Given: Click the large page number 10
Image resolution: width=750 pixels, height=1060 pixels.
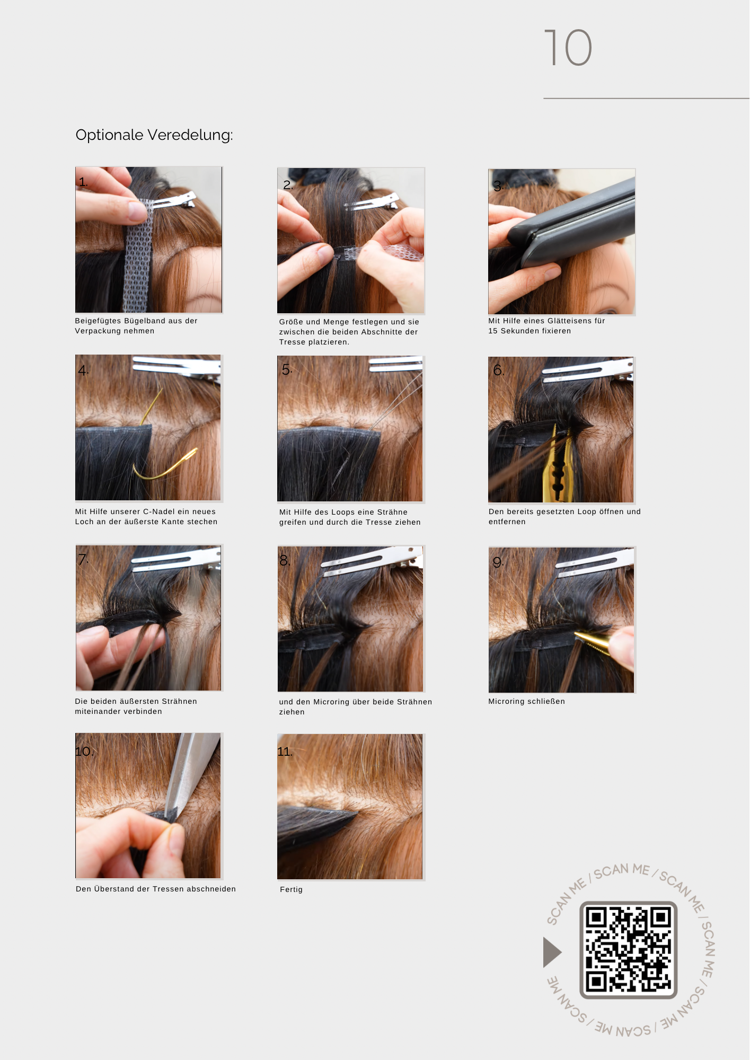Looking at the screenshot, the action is [x=568, y=48].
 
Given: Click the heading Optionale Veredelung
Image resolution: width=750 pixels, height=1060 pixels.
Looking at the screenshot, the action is [x=154, y=135].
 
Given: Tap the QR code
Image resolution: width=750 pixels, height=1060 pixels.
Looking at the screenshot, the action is [x=629, y=950].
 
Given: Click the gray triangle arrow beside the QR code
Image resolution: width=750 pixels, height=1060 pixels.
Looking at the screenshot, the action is [x=552, y=952].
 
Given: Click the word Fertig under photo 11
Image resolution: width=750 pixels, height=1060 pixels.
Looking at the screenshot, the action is [x=291, y=889].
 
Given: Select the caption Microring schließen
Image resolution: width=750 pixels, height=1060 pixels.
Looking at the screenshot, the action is [x=526, y=701].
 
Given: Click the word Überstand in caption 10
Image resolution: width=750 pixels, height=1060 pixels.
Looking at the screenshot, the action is [x=114, y=889].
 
